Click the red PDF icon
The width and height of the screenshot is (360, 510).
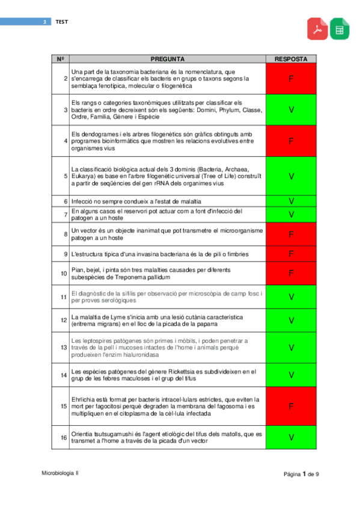pos(318,29)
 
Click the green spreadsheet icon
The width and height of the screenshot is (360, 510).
pos(339,29)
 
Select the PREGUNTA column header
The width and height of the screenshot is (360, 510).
pos(168,60)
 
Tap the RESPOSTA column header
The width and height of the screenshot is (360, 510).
pos(291,60)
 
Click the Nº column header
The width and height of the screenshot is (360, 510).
pos(61,60)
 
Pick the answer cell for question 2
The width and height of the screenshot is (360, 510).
pos(291,79)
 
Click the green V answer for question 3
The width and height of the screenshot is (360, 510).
pos(291,110)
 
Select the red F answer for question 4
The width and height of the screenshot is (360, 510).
pos(291,141)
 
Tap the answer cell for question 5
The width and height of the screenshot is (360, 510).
pos(291,176)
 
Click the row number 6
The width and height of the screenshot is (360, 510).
pos(64,201)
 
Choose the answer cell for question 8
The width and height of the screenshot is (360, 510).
pos(291,234)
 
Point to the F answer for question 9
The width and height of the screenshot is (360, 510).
pos(291,254)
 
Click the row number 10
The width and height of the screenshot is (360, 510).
pos(63,274)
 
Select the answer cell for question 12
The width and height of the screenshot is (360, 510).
pos(291,321)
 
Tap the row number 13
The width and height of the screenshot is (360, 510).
pos(63,348)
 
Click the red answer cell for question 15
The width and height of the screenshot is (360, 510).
pos(291,407)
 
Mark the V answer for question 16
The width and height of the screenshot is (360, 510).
pos(291,437)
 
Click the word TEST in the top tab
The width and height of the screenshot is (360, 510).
pos(62,22)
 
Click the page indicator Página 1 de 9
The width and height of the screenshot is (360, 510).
pos(301,475)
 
